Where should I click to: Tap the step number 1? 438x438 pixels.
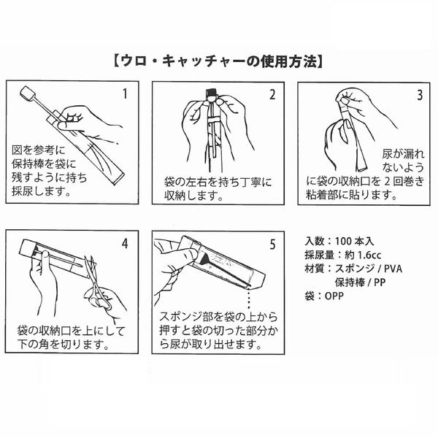tap(125, 93)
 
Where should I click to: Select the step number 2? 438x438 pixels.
tap(272, 95)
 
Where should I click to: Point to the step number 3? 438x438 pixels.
tap(420, 95)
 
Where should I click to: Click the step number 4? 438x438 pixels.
tap(125, 244)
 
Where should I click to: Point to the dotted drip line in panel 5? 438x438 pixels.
tap(248, 298)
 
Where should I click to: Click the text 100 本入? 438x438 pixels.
tap(354, 242)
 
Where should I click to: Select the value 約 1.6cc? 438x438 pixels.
tap(363, 255)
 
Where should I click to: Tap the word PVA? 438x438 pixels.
tap(393, 269)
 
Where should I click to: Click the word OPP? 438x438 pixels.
tap(334, 296)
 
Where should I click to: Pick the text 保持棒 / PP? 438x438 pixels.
tap(360, 283)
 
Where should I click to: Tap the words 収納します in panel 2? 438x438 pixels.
tap(191, 196)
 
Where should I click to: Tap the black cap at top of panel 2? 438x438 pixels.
tap(212, 93)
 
